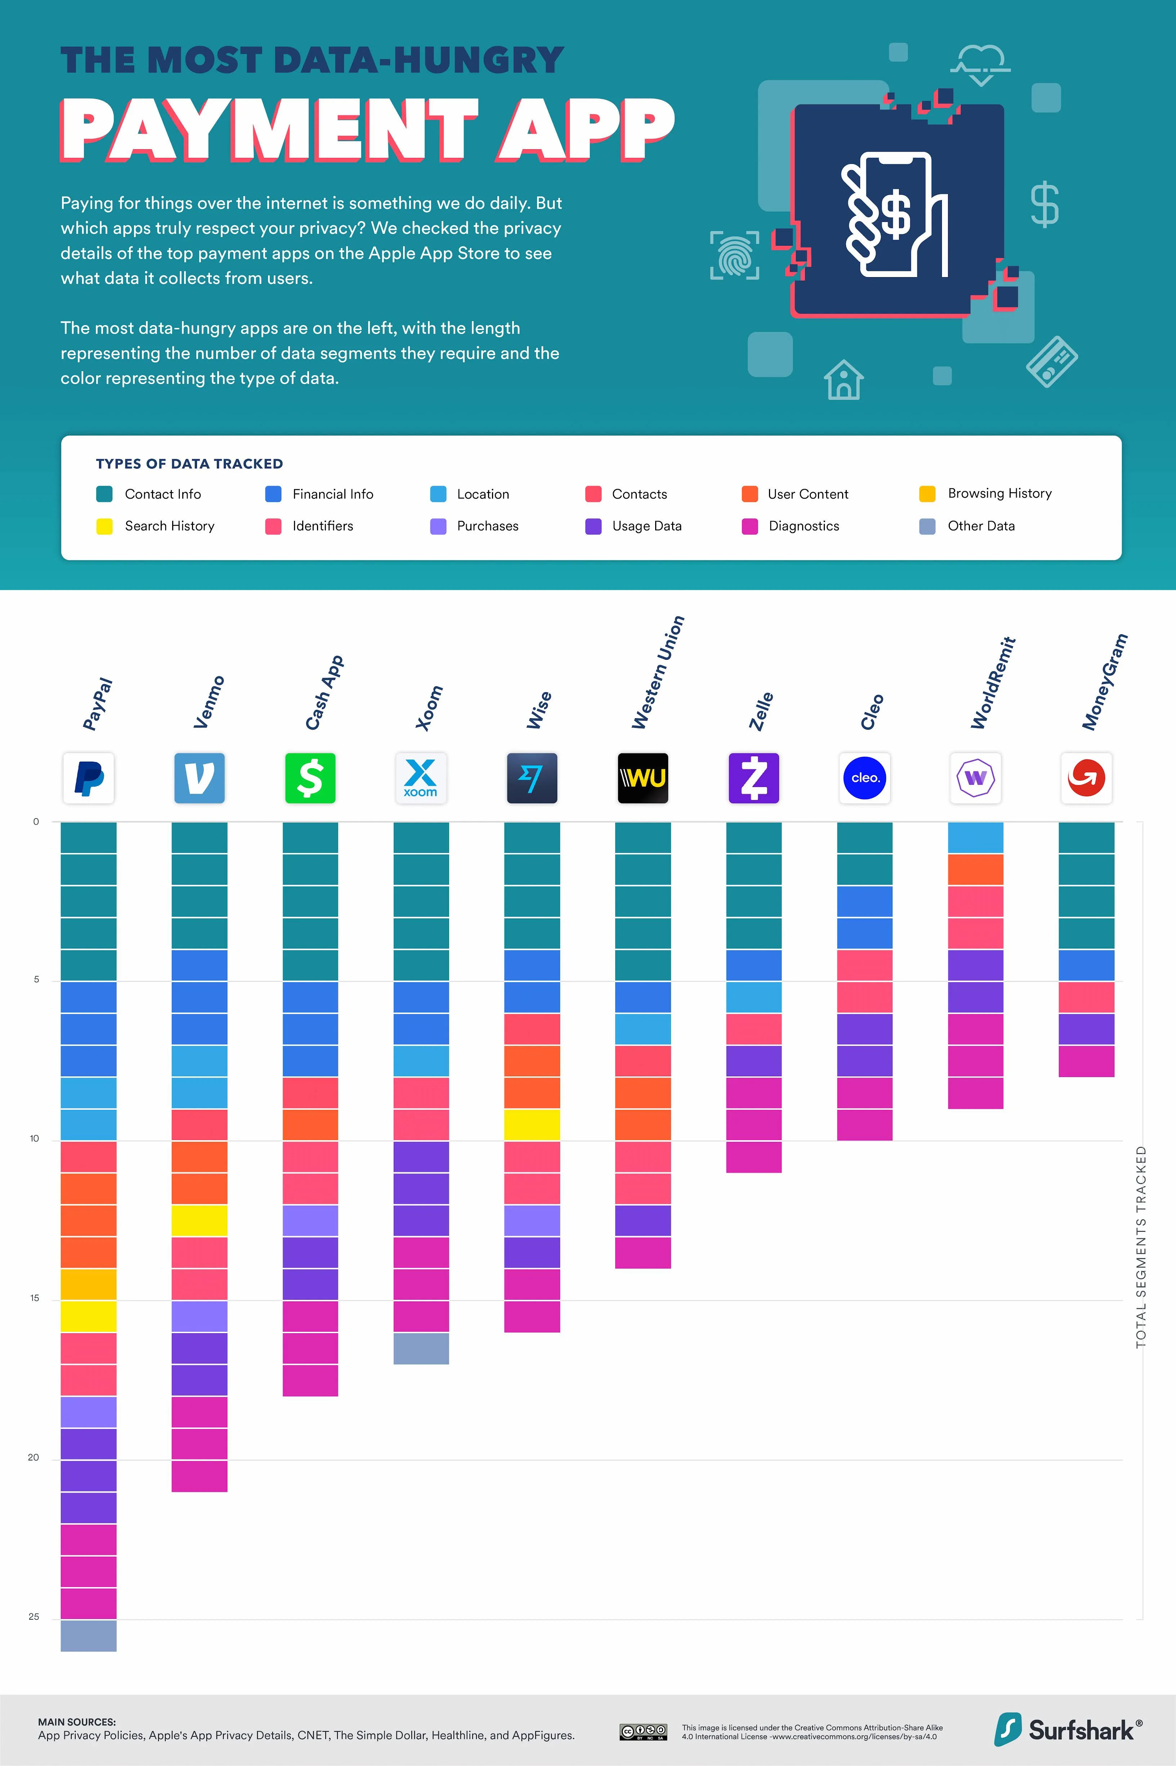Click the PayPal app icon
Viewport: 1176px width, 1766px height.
(x=89, y=778)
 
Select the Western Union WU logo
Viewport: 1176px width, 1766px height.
(x=643, y=778)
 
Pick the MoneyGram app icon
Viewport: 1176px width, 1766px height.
(x=1086, y=778)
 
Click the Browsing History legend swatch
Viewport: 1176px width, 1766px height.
(x=927, y=494)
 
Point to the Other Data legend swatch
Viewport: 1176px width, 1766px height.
(x=927, y=526)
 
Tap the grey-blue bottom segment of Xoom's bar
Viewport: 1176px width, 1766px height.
(x=421, y=1348)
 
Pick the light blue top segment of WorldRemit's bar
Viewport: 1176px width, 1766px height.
(x=975, y=838)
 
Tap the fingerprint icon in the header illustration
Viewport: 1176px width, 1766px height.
(x=734, y=255)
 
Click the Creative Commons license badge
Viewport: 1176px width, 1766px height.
(x=643, y=1731)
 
